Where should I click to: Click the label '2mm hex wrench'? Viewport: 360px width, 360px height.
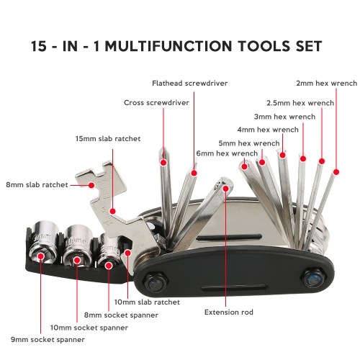(327, 83)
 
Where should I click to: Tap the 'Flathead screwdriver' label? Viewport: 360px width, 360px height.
(190, 83)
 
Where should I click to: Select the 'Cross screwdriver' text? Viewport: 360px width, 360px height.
(156, 102)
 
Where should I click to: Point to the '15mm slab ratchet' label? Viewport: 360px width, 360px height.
(108, 138)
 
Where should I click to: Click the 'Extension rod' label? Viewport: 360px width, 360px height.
(229, 312)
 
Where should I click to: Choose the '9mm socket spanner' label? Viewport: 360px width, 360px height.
(48, 340)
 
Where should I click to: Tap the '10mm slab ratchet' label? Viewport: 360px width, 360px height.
(147, 302)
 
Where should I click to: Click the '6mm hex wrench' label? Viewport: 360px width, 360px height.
(227, 153)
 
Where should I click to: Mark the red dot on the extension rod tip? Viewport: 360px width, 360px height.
(225, 189)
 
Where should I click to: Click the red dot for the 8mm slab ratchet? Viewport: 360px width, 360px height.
(91, 185)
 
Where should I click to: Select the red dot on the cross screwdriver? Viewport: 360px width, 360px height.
(163, 163)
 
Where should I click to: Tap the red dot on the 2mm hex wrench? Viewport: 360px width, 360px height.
(336, 172)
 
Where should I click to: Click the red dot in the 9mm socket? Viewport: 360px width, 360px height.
(41, 256)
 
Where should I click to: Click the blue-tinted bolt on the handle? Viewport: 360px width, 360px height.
(313, 279)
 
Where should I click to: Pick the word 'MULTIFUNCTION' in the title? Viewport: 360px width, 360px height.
(168, 46)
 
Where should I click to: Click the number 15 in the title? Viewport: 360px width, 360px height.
(38, 46)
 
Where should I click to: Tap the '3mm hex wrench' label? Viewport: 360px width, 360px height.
(284, 117)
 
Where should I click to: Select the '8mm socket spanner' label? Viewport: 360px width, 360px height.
(121, 315)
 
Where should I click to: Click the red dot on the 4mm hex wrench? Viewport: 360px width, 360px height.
(283, 155)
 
